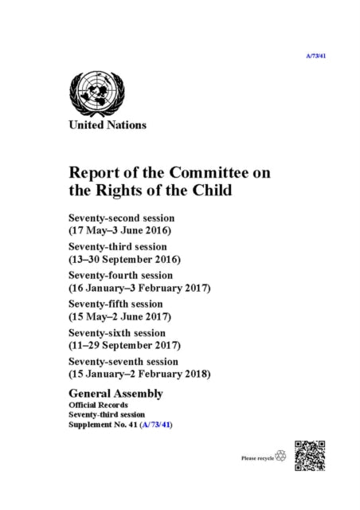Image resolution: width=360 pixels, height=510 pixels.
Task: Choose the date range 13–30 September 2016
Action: pos(126,260)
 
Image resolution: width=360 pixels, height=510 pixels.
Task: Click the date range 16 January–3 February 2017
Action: pos(139,289)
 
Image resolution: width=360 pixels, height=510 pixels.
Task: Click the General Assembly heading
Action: pos(116,394)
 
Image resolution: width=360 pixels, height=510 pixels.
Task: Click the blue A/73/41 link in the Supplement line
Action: pos(155,425)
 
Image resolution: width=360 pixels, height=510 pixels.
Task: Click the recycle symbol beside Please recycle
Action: pos(280,457)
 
